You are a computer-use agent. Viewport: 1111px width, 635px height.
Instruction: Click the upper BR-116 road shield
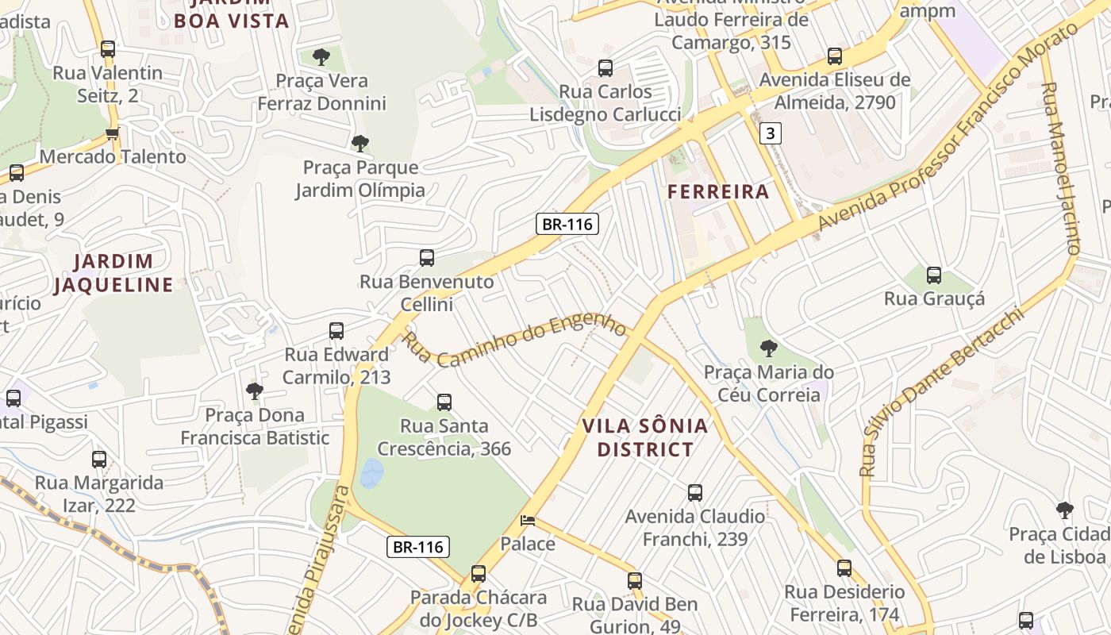pyautogui.click(x=567, y=224)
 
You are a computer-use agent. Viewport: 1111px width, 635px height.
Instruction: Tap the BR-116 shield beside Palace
pyautogui.click(x=419, y=546)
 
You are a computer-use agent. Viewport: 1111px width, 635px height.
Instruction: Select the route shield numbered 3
pyautogui.click(x=770, y=133)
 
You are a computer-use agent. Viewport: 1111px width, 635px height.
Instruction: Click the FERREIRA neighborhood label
pyautogui.click(x=718, y=191)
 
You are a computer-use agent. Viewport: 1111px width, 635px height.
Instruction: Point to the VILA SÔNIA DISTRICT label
pyautogui.click(x=644, y=437)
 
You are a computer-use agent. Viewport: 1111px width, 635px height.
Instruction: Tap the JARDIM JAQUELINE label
pyautogui.click(x=113, y=273)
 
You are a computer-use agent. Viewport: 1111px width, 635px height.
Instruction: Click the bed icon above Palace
pyautogui.click(x=528, y=521)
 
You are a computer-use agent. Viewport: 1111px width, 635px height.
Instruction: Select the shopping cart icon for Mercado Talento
pyautogui.click(x=112, y=133)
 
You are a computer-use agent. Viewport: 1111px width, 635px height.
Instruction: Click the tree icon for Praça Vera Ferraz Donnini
pyautogui.click(x=321, y=56)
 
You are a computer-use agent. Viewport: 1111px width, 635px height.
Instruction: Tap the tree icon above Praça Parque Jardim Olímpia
pyautogui.click(x=360, y=143)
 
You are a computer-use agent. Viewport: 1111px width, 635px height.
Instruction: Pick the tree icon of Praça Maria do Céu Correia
pyautogui.click(x=768, y=348)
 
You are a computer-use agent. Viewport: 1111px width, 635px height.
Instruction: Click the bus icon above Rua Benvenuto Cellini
pyautogui.click(x=427, y=257)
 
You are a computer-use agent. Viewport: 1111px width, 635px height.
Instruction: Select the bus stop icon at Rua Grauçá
pyautogui.click(x=934, y=275)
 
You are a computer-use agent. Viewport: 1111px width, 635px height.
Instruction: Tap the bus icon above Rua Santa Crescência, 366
pyautogui.click(x=444, y=402)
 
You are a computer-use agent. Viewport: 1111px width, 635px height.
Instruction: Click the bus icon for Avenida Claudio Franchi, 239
pyautogui.click(x=695, y=493)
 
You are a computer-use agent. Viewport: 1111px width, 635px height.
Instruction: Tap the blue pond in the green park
pyautogui.click(x=371, y=474)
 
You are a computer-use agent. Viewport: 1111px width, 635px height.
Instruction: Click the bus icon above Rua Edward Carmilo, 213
pyautogui.click(x=336, y=330)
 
